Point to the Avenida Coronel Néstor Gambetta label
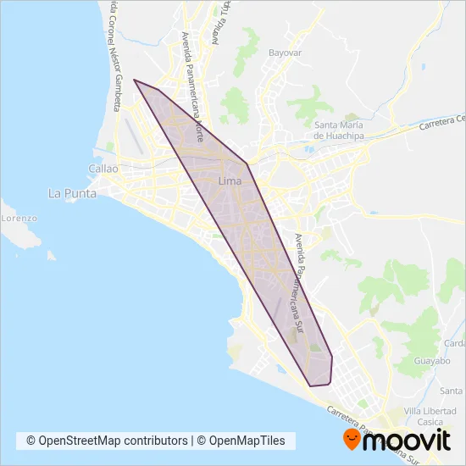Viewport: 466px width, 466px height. (114, 55)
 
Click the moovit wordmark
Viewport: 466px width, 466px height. (409, 441)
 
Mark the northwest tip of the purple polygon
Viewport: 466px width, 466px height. (134, 80)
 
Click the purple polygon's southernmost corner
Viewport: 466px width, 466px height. (311, 386)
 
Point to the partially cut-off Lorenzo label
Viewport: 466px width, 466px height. (19, 218)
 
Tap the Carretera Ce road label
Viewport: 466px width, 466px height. (441, 123)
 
